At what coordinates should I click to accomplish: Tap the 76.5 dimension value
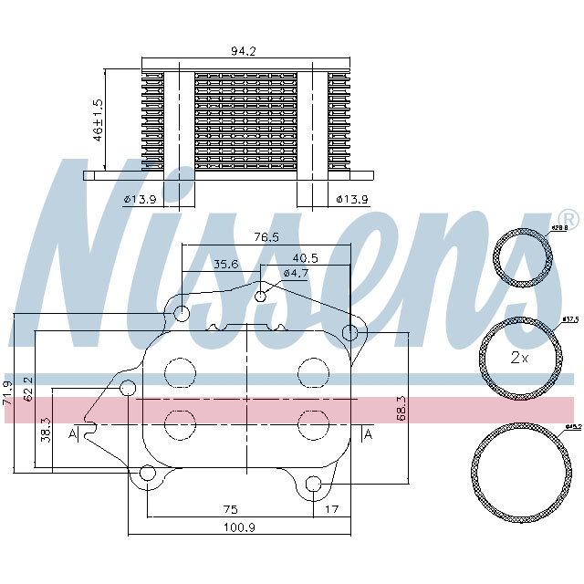pos(266,237)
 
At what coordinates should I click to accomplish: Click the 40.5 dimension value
pos(305,258)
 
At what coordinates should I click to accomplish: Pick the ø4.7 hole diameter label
pos(296,273)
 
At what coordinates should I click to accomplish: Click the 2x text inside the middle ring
pos(518,358)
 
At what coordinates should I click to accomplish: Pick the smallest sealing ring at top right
pos(522,258)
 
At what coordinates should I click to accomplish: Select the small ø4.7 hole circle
pos(261,296)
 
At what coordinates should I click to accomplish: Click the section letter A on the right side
pos(368,435)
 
